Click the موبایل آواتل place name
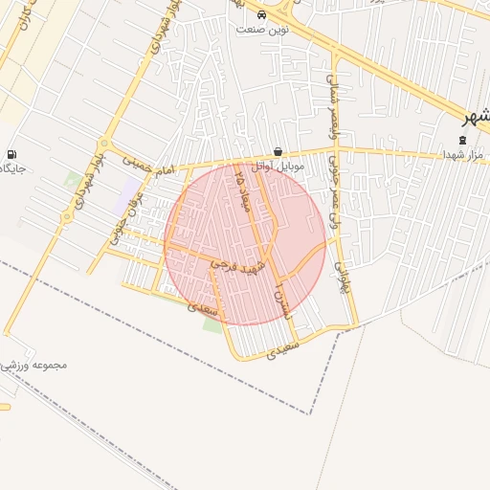pos(278,166)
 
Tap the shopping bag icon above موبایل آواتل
pos(278,151)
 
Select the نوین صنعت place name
pos(262,30)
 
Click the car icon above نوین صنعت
pos(262,15)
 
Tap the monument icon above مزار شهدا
pos(464,140)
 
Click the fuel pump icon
pos(11,154)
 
